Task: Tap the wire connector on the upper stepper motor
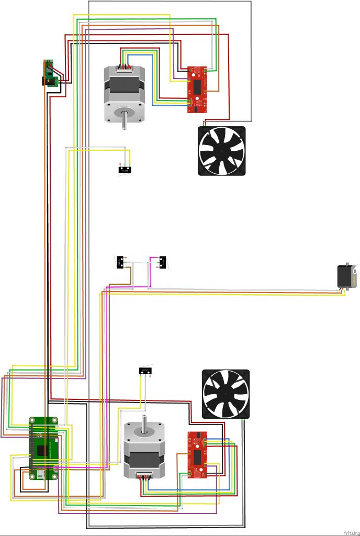pos(125,67)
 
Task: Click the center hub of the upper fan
pos(222,151)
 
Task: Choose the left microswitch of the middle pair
pos(120,261)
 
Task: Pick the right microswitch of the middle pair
pos(162,261)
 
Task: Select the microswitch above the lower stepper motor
pos(144,371)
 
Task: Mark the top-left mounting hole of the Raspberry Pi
pos(32,420)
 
